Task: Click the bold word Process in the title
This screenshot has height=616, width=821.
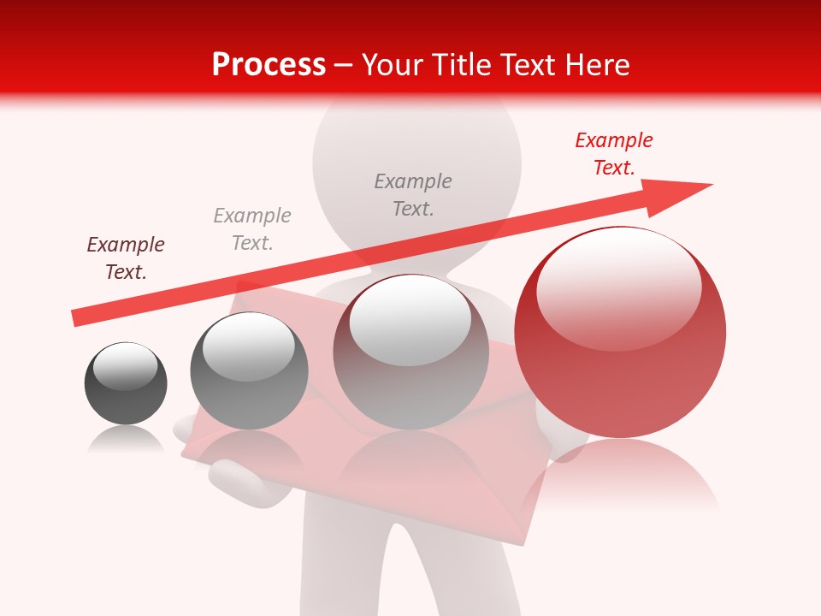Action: pyautogui.click(x=269, y=65)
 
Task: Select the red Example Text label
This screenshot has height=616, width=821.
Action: pyautogui.click(x=613, y=154)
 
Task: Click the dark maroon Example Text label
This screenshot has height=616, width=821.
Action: pyautogui.click(x=126, y=258)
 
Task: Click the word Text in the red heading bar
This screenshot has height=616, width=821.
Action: pyautogui.click(x=528, y=65)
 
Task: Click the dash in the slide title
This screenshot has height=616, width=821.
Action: pyautogui.click(x=344, y=65)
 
